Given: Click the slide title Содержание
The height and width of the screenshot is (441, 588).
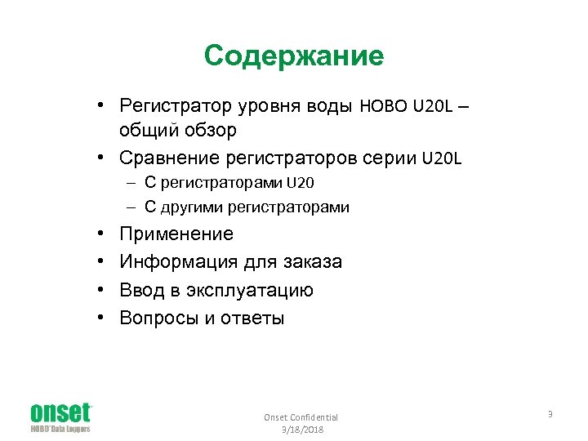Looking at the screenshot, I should pos(294,56).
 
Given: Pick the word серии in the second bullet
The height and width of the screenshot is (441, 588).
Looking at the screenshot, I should pos(390,157).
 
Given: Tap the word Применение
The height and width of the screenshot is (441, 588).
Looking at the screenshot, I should pos(176,234).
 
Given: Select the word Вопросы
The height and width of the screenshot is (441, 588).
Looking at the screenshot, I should pos(156,318).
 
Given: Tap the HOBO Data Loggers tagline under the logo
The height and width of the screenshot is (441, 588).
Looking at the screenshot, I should pos(60,429).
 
